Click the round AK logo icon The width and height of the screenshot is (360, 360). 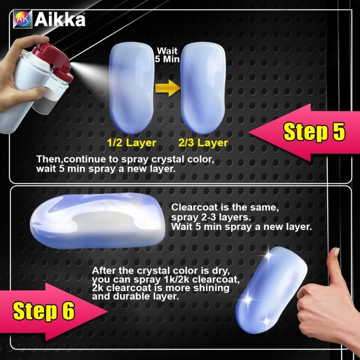tap(23, 20)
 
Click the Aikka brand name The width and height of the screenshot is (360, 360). tap(60, 20)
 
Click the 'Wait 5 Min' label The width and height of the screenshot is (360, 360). tap(167, 55)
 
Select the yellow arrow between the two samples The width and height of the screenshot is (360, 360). tap(168, 88)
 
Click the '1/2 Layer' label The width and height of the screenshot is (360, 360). tap(131, 143)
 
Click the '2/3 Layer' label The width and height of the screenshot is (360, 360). tap(203, 143)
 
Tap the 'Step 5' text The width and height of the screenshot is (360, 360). tap(314, 132)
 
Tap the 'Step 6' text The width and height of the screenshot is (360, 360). tap(44, 311)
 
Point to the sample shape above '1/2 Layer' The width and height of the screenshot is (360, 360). tap(131, 88)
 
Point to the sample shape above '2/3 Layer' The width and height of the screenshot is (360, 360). tap(203, 88)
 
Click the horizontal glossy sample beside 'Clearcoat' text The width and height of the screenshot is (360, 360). tap(98, 221)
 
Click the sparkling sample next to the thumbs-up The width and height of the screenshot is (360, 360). tap(271, 290)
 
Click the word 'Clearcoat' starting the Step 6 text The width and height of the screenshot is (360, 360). tap(194, 207)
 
